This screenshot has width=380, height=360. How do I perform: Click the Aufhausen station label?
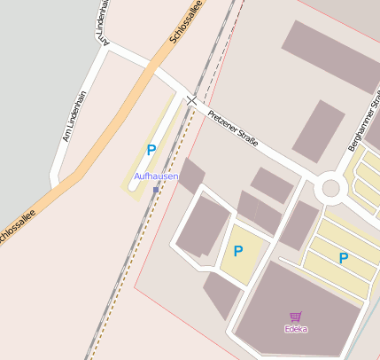pyautogui.click(x=156, y=177)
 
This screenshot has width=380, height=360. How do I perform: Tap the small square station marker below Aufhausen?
pyautogui.click(x=156, y=190)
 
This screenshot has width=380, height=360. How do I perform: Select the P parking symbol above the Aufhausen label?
pyautogui.click(x=151, y=151)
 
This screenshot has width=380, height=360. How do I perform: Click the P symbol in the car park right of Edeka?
pyautogui.click(x=344, y=258)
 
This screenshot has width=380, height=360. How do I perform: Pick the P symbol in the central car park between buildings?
pyautogui.click(x=238, y=252)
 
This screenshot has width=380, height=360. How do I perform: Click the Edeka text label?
pyautogui.click(x=296, y=329)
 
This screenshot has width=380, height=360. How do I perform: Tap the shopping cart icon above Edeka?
pyautogui.click(x=296, y=317)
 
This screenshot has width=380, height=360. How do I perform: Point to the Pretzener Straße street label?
pyautogui.click(x=233, y=127)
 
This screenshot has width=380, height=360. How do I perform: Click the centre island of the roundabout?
pyautogui.click(x=331, y=188)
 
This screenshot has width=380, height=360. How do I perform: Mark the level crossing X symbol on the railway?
pyautogui.click(x=192, y=102)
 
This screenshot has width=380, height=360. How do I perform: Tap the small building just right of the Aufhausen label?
pyautogui.click(x=191, y=175)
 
